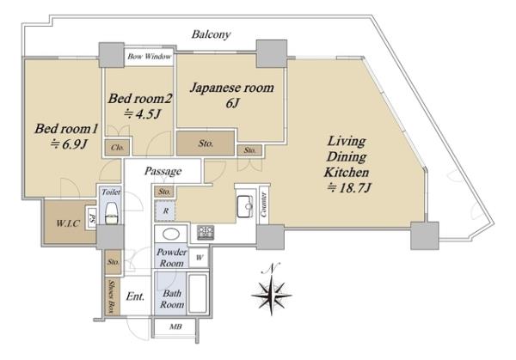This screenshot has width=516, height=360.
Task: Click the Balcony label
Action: pos(211,34)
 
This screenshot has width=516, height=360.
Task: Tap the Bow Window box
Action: pos(149,57)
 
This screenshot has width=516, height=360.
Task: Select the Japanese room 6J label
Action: pos(232,95)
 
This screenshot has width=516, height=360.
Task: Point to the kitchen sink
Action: pos(245,206)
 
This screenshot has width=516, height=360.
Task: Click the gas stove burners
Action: pos(206,233)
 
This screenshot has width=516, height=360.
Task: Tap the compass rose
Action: pos(272,290)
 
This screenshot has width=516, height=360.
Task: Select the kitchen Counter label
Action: pos(264,204)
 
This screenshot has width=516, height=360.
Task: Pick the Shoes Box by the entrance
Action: pos(113,297)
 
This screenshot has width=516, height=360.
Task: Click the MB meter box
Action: pos(175,327)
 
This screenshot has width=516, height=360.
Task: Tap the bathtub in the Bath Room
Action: pos(198,293)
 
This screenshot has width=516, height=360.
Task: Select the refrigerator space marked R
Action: pos(165,211)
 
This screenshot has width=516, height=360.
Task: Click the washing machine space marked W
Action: pos(200,258)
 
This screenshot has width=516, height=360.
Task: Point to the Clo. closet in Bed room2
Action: pos(118,147)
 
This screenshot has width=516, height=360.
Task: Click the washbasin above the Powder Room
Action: pos(171,234)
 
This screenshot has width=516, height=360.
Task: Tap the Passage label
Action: pos(163,171)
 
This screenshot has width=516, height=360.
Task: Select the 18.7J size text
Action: pos(349,188)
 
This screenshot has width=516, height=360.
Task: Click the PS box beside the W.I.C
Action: pos(92,217)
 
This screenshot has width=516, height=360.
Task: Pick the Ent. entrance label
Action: pos(135,296)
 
